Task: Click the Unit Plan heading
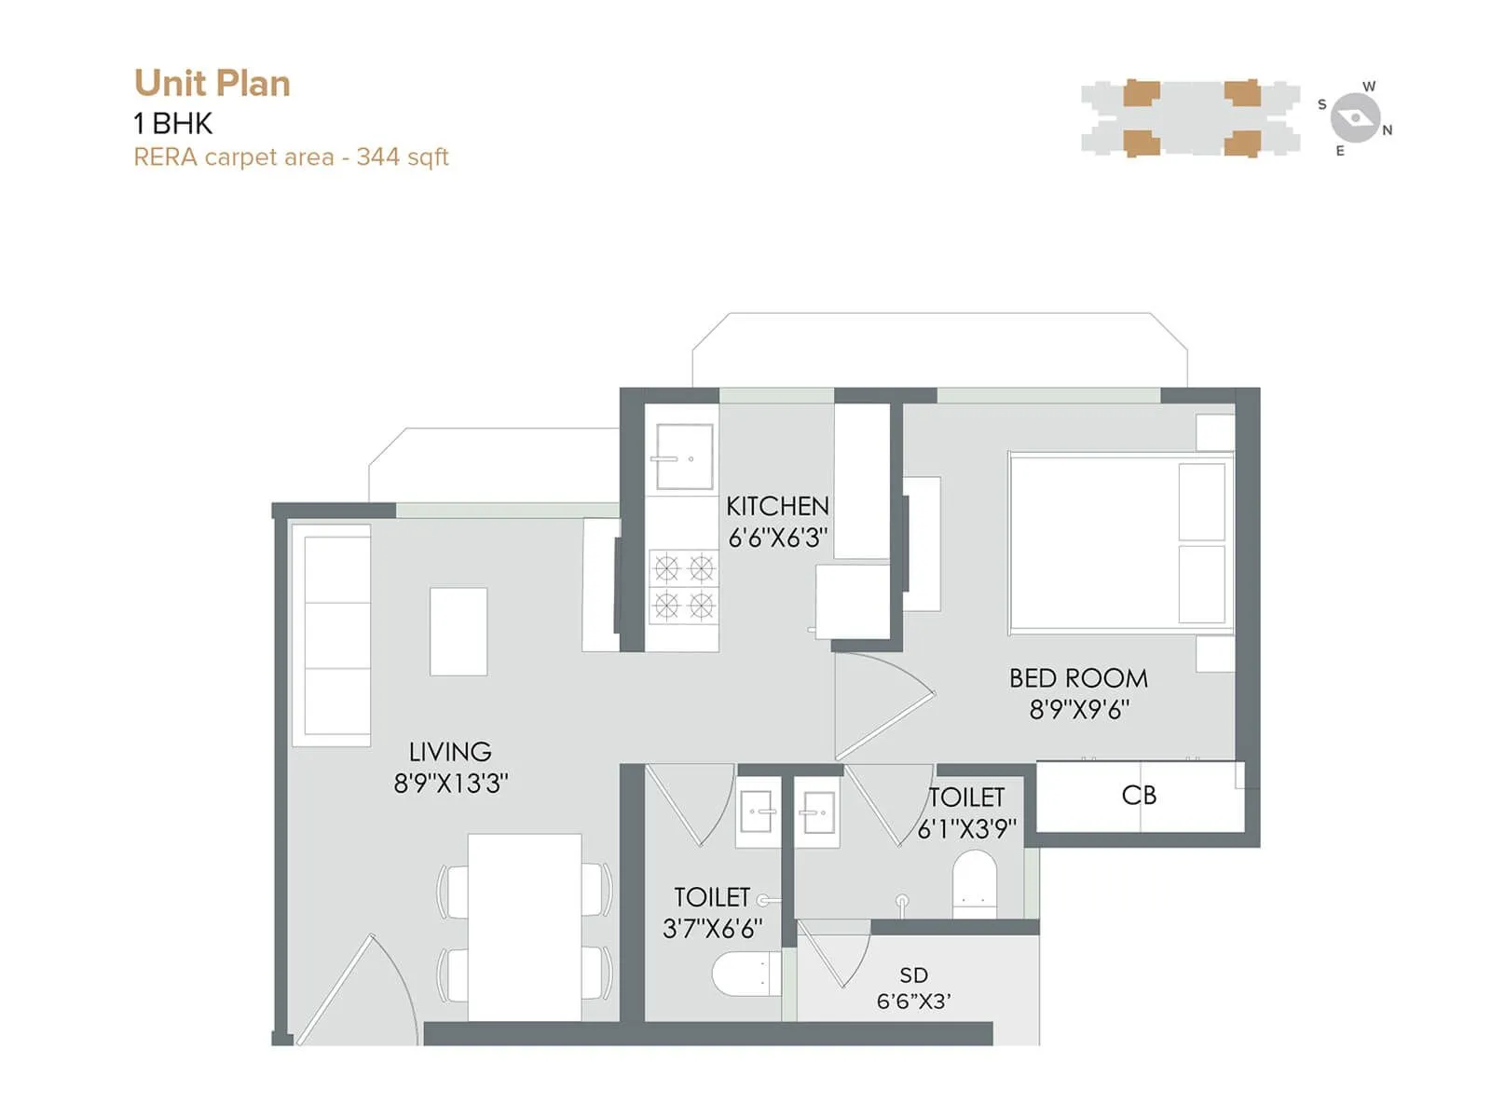[212, 83]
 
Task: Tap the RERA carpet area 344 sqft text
[291, 157]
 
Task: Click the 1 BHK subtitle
[173, 123]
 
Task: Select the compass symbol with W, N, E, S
[1355, 118]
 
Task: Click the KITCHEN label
[777, 506]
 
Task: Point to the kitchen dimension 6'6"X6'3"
[777, 538]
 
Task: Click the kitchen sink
[684, 457]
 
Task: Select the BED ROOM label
[1078, 678]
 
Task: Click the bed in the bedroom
[1118, 542]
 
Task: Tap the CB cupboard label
[1139, 796]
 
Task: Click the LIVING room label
[450, 752]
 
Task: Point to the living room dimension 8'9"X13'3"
[450, 784]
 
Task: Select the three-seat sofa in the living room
[332, 635]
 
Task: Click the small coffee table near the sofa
[458, 631]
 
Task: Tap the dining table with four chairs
[525, 927]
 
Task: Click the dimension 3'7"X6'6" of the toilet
[712, 929]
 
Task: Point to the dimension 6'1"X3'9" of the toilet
[966, 829]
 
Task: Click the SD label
[913, 975]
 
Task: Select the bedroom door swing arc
[885, 706]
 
